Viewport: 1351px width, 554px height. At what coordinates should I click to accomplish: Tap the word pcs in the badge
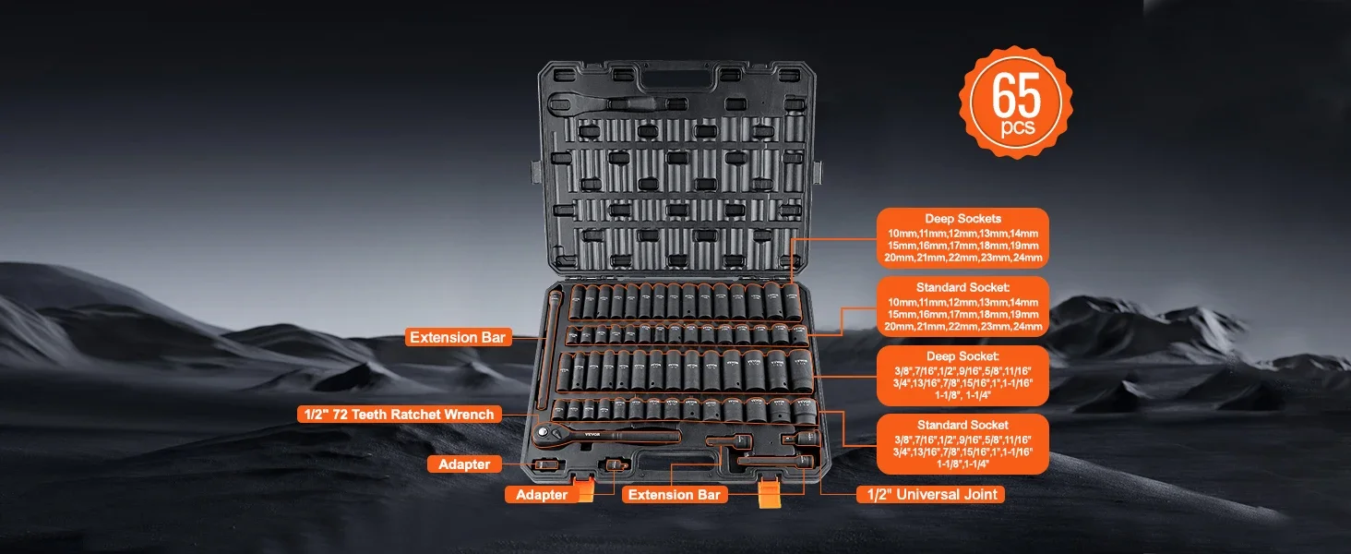1018,128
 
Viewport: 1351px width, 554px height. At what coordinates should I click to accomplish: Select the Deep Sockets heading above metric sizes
962,219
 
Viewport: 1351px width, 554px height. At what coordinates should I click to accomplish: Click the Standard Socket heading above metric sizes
962,288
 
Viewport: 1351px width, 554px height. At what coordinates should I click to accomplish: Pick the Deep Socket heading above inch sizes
962,356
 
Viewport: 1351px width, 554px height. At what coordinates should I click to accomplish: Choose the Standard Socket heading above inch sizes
962,425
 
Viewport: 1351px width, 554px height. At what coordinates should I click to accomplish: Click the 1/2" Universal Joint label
931,494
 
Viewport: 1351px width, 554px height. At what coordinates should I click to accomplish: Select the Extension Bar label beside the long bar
458,338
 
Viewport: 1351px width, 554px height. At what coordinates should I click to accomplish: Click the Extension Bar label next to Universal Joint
674,495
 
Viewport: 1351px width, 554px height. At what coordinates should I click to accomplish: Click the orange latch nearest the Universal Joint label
770,491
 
